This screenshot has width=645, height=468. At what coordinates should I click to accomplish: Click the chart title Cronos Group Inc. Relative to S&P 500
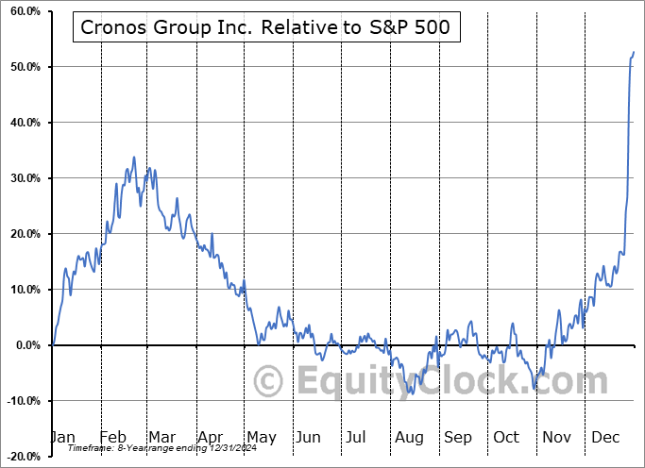265,28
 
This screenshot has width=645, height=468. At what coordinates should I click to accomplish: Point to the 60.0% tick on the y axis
22,11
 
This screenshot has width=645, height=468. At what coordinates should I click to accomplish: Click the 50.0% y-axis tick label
22,67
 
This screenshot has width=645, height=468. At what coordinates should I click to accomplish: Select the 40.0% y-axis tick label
22,123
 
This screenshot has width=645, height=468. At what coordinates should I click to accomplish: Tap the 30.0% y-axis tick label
22,178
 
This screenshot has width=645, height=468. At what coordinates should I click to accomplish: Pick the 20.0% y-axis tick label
22,234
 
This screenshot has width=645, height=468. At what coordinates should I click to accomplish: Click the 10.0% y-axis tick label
22,290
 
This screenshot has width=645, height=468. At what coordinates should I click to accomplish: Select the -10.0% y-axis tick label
20,401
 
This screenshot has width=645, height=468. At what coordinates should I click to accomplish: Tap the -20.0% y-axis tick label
20,457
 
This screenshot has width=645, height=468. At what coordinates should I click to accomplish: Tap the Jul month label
356,437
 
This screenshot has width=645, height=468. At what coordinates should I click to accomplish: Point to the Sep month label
457,437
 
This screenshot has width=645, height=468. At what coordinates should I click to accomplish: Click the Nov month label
557,437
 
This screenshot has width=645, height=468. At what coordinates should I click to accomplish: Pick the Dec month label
604,437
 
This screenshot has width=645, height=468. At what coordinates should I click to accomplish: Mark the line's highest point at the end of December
633,52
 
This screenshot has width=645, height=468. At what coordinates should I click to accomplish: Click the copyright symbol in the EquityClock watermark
269,382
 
